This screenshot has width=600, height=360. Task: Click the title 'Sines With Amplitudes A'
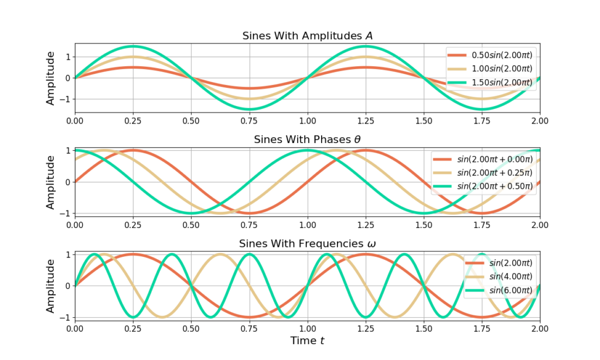[x=308, y=36]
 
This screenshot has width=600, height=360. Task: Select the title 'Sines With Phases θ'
[x=308, y=140]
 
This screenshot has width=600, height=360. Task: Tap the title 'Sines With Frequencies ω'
[x=308, y=244]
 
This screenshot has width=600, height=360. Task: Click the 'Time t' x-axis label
[x=308, y=340]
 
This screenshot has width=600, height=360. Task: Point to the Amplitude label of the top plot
[x=50, y=78]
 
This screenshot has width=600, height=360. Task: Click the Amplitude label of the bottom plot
[x=50, y=286]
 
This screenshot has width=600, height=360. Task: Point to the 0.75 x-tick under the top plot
[x=250, y=121]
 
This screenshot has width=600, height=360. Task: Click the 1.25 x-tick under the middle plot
[x=366, y=225]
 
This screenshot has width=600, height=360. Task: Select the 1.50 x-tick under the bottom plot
[x=424, y=328]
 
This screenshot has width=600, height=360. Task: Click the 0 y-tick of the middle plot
[x=69, y=182]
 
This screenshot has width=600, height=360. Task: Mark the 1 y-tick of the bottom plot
[x=69, y=254]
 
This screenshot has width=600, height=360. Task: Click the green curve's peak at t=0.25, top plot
[x=133, y=46]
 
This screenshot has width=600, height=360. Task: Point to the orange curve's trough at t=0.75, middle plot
[x=250, y=213]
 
